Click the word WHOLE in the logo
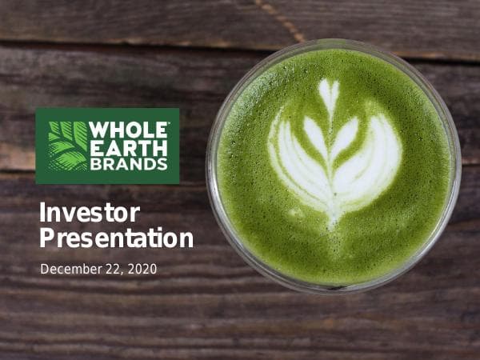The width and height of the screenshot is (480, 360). (x=128, y=130)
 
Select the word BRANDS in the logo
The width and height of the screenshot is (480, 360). (x=128, y=164)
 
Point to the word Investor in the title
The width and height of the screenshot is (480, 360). (x=90, y=213)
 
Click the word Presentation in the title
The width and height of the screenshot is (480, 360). (x=117, y=238)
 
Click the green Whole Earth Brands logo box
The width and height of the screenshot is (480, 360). (x=107, y=146)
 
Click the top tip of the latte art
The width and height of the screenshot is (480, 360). (x=329, y=83)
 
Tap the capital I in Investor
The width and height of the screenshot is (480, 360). (x=43, y=213)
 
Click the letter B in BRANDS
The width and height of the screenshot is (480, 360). (x=94, y=164)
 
